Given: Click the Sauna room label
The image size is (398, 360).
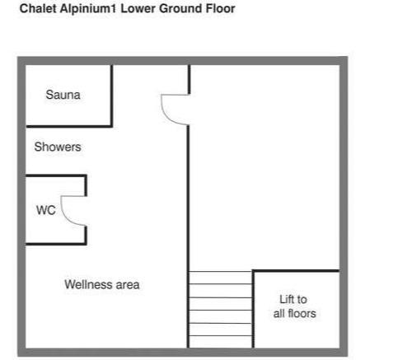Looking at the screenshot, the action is [63, 95].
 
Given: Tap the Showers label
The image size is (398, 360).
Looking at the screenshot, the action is [58, 147].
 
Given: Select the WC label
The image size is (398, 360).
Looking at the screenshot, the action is [46, 210].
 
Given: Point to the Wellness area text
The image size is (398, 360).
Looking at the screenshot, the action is [102, 284].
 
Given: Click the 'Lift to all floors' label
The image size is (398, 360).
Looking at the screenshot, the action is [294, 306].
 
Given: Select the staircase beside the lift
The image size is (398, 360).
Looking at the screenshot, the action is [220, 310].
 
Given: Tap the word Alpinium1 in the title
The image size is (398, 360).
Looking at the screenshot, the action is [89, 9].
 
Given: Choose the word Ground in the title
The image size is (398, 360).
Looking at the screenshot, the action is [180, 8].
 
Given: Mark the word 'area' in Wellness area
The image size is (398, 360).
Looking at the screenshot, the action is [128, 285].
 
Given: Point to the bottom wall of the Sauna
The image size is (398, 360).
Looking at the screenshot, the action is [69, 126].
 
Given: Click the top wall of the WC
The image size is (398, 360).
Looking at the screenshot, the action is [56, 175].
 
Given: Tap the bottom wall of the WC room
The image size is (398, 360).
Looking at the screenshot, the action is [56, 243].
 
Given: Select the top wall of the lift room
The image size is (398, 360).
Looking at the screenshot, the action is [296, 271].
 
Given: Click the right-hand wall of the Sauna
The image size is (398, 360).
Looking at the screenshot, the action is [112, 96].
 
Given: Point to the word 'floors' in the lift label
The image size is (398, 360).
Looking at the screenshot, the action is [302, 313].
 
